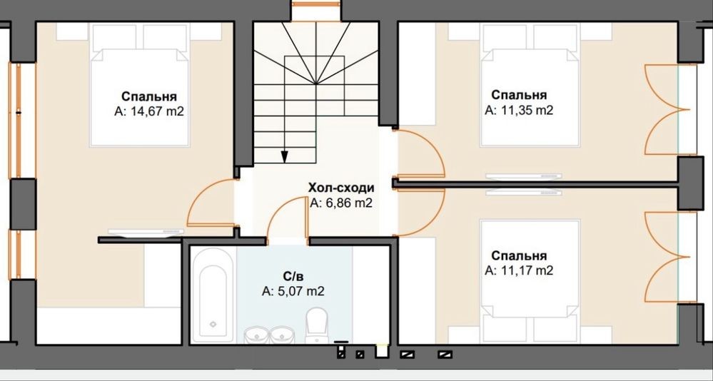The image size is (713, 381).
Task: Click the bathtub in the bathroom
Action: [x=213, y=295]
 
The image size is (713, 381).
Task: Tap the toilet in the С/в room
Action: [x=317, y=325]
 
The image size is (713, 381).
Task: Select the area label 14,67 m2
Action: [x=149, y=111]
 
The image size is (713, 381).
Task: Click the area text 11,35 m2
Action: [x=519, y=111]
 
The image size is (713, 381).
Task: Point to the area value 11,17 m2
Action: [x=519, y=270]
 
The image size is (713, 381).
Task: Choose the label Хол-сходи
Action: [x=341, y=188]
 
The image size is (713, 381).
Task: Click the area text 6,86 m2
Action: [x=341, y=203]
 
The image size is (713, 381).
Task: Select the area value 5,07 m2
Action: [x=293, y=291]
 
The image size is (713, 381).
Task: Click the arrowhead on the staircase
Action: [x=285, y=157]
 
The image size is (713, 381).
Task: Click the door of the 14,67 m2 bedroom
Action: [x=211, y=203]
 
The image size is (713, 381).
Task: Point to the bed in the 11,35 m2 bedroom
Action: [x=530, y=85]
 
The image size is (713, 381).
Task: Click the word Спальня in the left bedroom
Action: [x=149, y=96]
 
